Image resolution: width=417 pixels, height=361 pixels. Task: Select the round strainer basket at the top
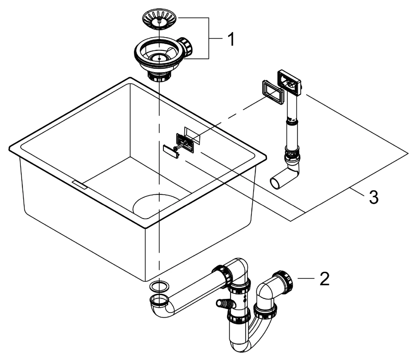coord(160,20)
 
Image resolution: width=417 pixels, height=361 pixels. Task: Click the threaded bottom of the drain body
coord(160,76)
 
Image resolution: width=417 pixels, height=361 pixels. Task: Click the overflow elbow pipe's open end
coord(276,183)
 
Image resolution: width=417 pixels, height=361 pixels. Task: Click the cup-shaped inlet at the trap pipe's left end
coord(158,300)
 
